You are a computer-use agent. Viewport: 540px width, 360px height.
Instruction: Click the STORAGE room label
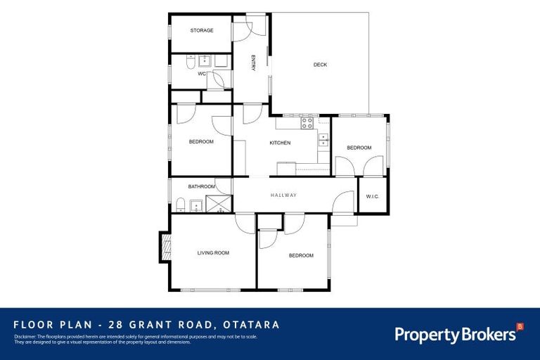(201, 30)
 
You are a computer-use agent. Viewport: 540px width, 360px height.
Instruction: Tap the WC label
(202, 74)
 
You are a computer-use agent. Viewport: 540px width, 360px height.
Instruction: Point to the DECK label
(320, 65)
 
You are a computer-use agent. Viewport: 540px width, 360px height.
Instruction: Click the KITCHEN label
(280, 143)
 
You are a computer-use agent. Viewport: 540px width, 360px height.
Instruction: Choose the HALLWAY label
(283, 195)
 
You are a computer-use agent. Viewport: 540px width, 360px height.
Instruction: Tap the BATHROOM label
(200, 186)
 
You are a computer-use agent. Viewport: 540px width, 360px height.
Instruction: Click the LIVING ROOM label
(213, 252)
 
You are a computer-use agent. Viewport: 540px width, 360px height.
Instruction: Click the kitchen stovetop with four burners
(307, 123)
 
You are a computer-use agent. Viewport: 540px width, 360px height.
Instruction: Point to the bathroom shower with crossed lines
(218, 205)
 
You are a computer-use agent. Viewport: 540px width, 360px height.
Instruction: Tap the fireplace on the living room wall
(166, 247)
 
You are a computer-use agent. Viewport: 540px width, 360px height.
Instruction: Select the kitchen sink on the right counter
(323, 139)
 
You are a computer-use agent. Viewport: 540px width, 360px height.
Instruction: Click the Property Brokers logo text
(454, 335)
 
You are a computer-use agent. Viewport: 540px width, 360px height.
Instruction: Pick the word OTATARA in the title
(251, 325)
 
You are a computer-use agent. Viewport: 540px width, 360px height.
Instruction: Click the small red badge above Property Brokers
(520, 326)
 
